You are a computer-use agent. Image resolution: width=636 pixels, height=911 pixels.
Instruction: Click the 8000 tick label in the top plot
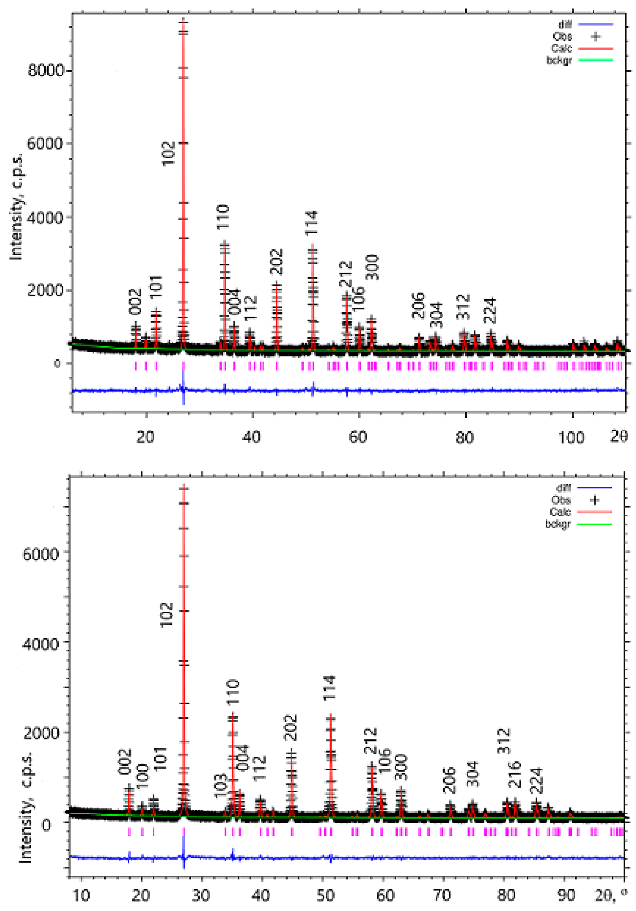(x=46, y=71)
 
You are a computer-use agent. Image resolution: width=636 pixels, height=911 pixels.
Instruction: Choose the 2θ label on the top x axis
(x=618, y=437)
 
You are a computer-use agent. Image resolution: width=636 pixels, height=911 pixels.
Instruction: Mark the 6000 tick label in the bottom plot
(x=40, y=554)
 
